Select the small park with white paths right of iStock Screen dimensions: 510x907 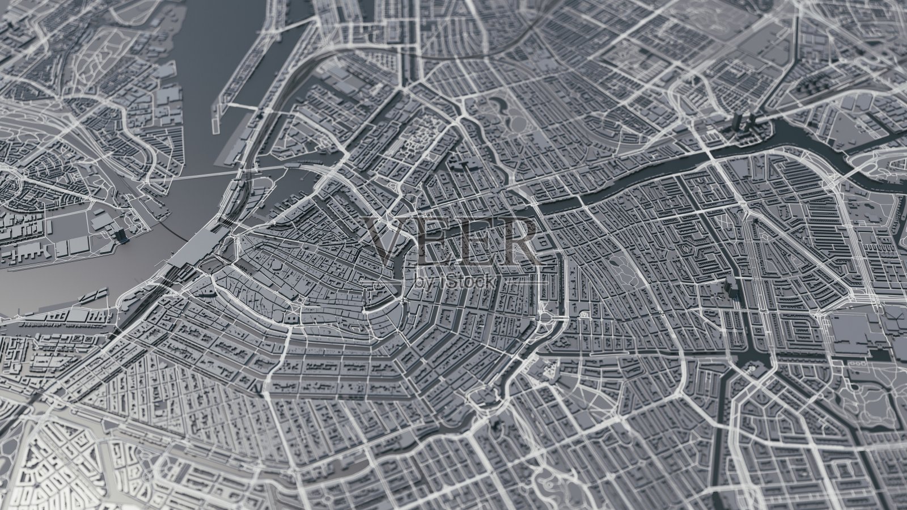click(x=621, y=266)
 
